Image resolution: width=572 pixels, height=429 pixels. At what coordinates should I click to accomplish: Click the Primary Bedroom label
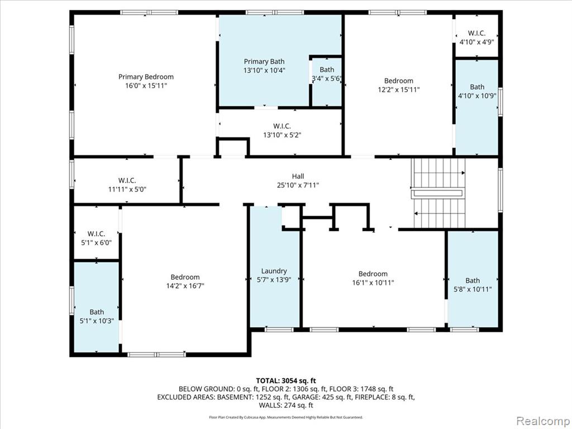(x=146, y=77)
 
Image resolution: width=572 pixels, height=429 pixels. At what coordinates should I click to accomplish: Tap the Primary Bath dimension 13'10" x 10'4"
(x=264, y=70)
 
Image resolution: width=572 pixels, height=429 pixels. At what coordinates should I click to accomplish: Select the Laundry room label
(x=274, y=271)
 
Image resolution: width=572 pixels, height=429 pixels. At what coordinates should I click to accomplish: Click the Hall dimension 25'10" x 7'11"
(x=298, y=185)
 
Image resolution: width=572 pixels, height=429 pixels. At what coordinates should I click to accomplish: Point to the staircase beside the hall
(x=438, y=193)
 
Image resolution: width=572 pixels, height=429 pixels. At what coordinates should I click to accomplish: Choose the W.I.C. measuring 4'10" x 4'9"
(x=477, y=37)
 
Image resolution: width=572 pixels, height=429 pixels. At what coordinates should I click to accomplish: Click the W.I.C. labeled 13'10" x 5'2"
(x=282, y=130)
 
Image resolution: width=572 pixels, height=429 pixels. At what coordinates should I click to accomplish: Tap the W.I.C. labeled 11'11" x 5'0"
(x=127, y=184)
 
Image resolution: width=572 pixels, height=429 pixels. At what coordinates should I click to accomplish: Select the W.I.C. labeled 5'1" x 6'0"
(x=96, y=238)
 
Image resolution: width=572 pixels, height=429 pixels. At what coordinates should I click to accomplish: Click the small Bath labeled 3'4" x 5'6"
(x=326, y=74)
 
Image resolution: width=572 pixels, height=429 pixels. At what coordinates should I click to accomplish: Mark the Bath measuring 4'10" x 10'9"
(x=477, y=91)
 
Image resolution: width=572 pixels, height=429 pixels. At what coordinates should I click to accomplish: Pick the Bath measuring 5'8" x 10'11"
(x=473, y=285)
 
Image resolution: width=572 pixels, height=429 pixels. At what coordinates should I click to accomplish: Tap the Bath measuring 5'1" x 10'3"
(x=97, y=316)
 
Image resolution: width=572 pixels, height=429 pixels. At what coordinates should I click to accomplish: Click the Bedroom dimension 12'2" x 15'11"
(x=399, y=89)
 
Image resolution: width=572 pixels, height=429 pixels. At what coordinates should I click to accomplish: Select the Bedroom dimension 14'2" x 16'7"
(x=185, y=285)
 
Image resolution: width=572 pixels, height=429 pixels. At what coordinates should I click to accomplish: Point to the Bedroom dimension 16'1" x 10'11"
(x=373, y=282)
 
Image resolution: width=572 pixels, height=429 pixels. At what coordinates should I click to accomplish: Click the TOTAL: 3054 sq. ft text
(x=285, y=381)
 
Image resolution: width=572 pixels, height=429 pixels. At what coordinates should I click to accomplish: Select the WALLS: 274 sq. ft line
(x=286, y=405)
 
